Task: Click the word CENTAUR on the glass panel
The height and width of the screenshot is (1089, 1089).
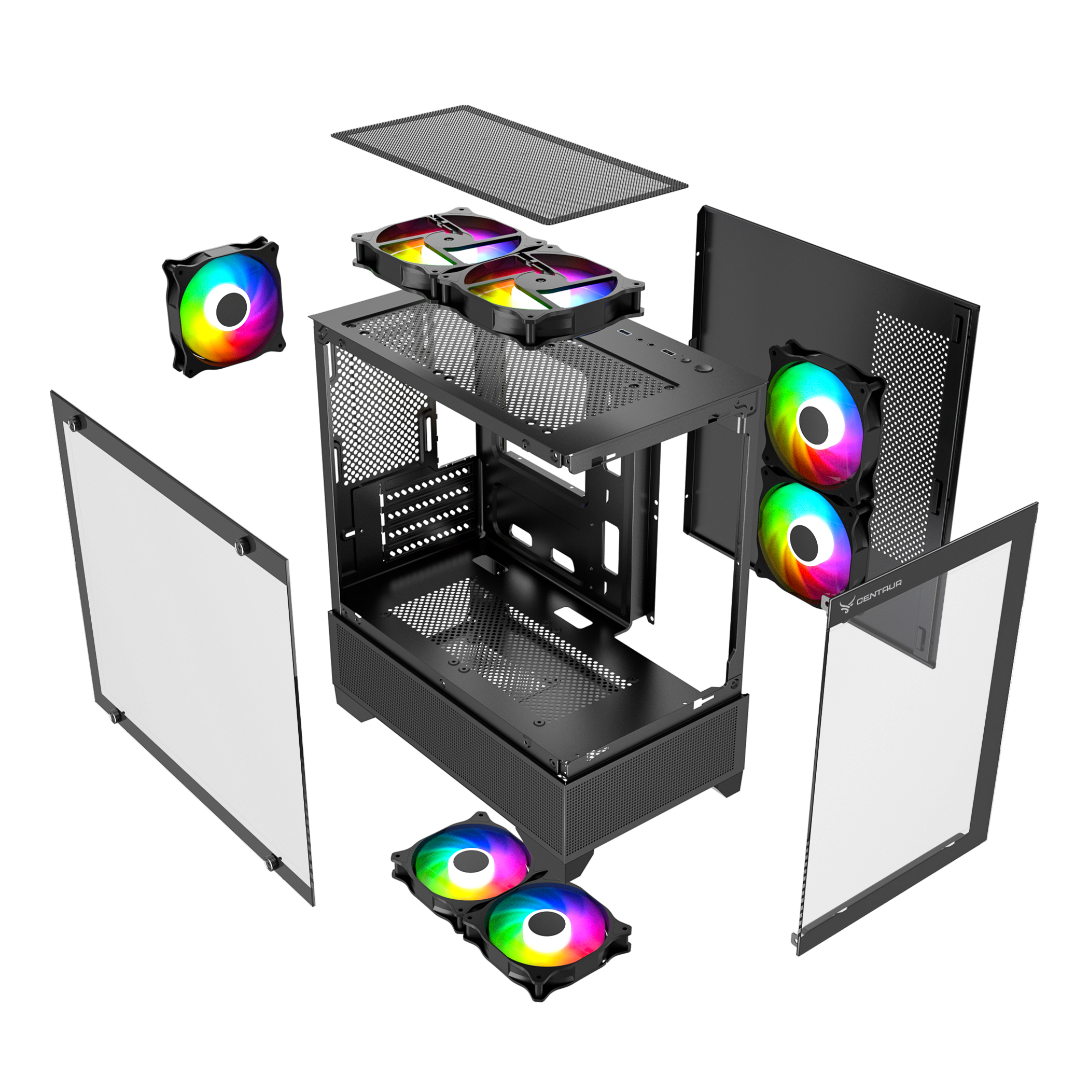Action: click(879, 591)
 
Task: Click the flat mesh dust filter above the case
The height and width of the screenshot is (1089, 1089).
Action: click(510, 164)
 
